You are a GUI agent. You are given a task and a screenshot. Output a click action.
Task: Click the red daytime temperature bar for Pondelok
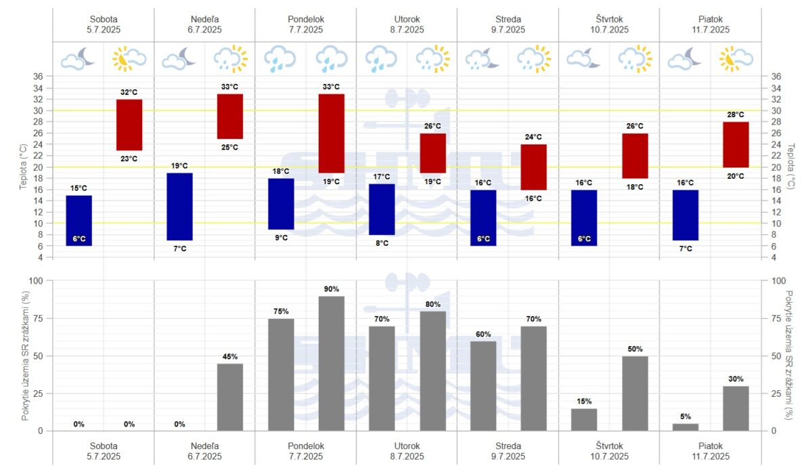tap(332, 133)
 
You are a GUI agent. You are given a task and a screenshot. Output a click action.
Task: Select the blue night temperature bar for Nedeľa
tap(179, 207)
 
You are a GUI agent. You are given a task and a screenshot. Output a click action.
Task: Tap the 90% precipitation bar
tap(332, 363)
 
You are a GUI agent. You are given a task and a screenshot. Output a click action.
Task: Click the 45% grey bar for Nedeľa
tap(230, 397)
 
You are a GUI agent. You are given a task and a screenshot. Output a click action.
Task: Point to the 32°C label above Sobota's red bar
tap(129, 92)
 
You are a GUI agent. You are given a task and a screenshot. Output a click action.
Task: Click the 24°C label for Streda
tap(534, 137)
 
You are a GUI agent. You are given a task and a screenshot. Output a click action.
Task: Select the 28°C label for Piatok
tap(736, 114)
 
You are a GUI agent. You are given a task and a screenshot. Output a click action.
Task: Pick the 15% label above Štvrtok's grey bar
tap(585, 401)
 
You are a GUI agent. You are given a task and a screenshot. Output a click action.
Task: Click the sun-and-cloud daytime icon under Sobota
tap(129, 59)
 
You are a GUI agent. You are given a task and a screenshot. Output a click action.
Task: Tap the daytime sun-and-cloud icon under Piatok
tap(736, 59)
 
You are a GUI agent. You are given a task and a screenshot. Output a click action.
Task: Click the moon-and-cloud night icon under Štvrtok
tap(583, 59)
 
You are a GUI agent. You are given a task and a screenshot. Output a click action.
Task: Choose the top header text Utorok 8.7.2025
tap(407, 24)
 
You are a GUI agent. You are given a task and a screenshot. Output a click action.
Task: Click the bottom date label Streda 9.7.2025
tap(508, 451)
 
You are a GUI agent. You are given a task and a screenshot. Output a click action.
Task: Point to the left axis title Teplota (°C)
tap(23, 167)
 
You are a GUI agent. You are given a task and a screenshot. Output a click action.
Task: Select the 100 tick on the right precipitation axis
tap(778, 281)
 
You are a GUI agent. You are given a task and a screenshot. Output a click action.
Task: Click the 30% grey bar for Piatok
tap(736, 408)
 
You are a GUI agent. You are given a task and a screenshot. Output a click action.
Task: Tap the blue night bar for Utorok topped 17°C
tap(382, 209)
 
